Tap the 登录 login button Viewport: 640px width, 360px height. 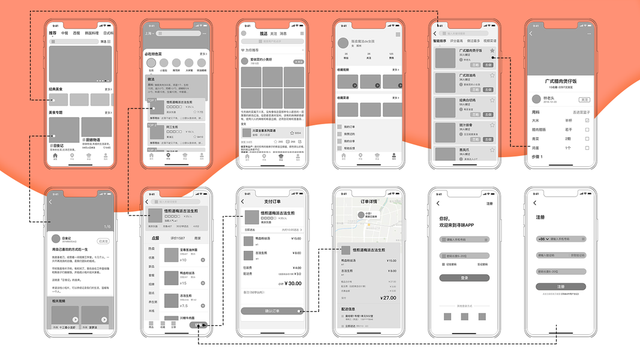click(x=464, y=278)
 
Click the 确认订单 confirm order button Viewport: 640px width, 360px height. click(x=272, y=311)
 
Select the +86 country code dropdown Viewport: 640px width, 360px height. click(x=542, y=239)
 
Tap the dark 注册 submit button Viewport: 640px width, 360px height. click(x=560, y=287)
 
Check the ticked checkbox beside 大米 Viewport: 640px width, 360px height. click(x=587, y=121)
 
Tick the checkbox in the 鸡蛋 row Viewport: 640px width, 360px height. click(x=587, y=148)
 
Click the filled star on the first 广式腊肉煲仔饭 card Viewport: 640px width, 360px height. click(x=492, y=51)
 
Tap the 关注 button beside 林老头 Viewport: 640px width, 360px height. click(x=584, y=100)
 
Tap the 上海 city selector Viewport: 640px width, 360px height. click(x=149, y=34)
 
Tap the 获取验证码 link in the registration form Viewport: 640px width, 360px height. click(x=577, y=255)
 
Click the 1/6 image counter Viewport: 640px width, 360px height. click(x=107, y=227)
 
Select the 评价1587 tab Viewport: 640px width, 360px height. click(x=178, y=238)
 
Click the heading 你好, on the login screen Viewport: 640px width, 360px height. click(x=444, y=219)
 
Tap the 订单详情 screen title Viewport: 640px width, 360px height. click(x=368, y=202)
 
